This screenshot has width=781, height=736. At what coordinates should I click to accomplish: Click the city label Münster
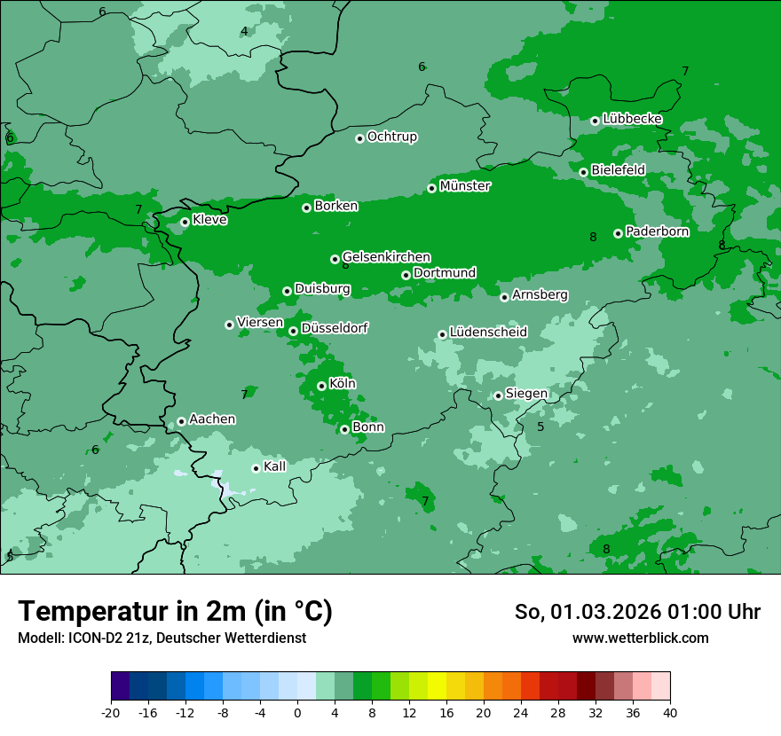[x=465, y=186]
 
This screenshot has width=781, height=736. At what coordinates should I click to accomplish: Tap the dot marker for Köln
[x=321, y=386]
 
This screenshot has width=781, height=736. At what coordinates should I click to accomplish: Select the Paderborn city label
[x=657, y=231]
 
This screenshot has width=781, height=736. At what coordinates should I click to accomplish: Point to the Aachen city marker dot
[x=181, y=421]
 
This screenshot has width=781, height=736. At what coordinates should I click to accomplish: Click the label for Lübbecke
[x=632, y=119]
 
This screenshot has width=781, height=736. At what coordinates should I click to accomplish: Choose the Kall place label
[x=275, y=466]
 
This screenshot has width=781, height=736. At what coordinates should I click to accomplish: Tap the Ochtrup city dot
[x=359, y=138]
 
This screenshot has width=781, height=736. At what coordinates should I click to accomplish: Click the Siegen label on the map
[x=526, y=394]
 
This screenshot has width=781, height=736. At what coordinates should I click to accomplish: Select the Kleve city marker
[x=185, y=223]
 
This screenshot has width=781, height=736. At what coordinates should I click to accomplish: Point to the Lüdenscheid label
[x=488, y=333]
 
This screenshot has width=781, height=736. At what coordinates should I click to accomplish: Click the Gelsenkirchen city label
[x=386, y=257]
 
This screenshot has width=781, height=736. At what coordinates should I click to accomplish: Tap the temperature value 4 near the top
[x=244, y=32]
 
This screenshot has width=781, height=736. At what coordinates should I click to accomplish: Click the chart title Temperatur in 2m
[x=175, y=612]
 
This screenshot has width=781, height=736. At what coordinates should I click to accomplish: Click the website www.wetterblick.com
[x=640, y=638]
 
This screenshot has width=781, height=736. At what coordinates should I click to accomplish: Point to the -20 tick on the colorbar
[x=111, y=713]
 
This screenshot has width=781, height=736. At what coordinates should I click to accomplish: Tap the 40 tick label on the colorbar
[x=670, y=713]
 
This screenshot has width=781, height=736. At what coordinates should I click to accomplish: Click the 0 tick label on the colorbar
[x=297, y=713]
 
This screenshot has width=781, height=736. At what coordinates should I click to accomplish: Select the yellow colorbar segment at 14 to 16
[x=437, y=686]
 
